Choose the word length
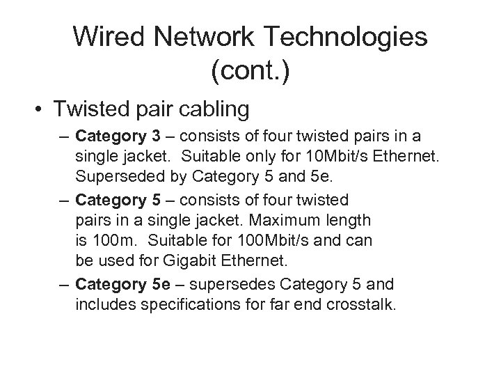coord(347,219)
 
